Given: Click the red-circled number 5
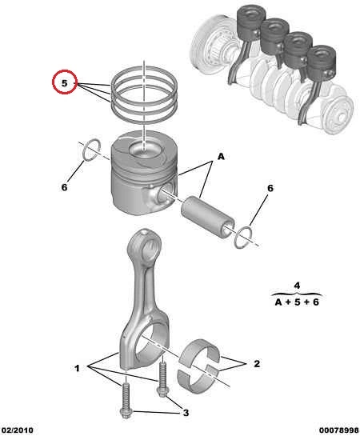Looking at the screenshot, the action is [64, 83].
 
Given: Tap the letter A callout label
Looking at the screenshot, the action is [221, 157].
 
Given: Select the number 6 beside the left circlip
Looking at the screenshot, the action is [64, 187].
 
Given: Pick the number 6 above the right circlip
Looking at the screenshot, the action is [270, 188].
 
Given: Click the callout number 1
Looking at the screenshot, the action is [77, 368].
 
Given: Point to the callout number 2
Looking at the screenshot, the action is [257, 363].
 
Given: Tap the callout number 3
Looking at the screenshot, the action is [186, 413].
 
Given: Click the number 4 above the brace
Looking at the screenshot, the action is [297, 286].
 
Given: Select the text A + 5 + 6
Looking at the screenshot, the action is [297, 302].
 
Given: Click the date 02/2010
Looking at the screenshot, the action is [17, 430].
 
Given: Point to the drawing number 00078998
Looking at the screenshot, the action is [338, 430].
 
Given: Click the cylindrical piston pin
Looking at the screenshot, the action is [208, 217].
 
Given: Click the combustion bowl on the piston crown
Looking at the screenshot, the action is [143, 150].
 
